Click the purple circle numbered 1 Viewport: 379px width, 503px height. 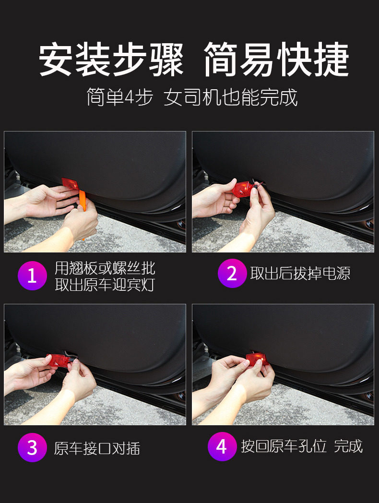click(33, 275)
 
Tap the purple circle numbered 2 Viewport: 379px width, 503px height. click(232, 273)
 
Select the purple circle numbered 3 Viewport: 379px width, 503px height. click(33, 447)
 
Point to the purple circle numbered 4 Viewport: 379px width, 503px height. click(222, 446)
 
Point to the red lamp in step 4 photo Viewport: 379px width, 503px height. click(257, 359)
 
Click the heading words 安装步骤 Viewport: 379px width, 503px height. click(111, 60)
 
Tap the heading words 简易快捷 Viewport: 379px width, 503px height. click(276, 60)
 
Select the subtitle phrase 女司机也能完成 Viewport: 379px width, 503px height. click(231, 97)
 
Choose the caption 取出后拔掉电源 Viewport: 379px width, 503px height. click(300, 273)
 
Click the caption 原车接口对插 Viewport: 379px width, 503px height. click(97, 448)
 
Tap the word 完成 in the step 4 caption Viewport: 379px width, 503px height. click(348, 446)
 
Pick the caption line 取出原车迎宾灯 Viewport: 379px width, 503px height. click(105, 285)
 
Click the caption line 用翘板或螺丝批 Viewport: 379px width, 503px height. click(105, 268)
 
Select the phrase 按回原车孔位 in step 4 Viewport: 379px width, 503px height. click(284, 446)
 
